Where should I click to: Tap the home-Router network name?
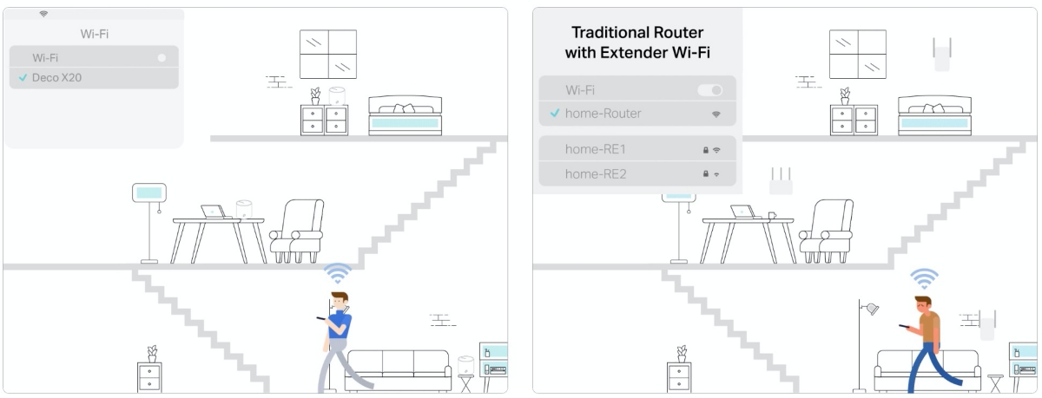pyautogui.click(x=603, y=114)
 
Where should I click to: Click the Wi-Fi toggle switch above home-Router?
pyautogui.click(x=710, y=89)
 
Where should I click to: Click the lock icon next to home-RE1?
pyautogui.click(x=706, y=150)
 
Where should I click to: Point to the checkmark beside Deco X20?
pyautogui.click(x=23, y=77)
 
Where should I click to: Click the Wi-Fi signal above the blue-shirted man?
pyautogui.click(x=338, y=273)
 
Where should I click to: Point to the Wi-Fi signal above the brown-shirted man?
pyautogui.click(x=924, y=278)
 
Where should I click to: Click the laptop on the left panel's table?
pyautogui.click(x=214, y=212)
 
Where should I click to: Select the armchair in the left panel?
pyautogui.click(x=297, y=231)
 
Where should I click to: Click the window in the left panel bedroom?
pyautogui.click(x=328, y=55)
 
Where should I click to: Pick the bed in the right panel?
pyautogui.click(x=934, y=115)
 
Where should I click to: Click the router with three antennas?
pyautogui.click(x=781, y=181)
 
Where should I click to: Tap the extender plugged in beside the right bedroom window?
pyautogui.click(x=942, y=55)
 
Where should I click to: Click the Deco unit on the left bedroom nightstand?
pyautogui.click(x=337, y=96)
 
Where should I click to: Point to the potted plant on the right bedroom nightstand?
pyautogui.click(x=845, y=96)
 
